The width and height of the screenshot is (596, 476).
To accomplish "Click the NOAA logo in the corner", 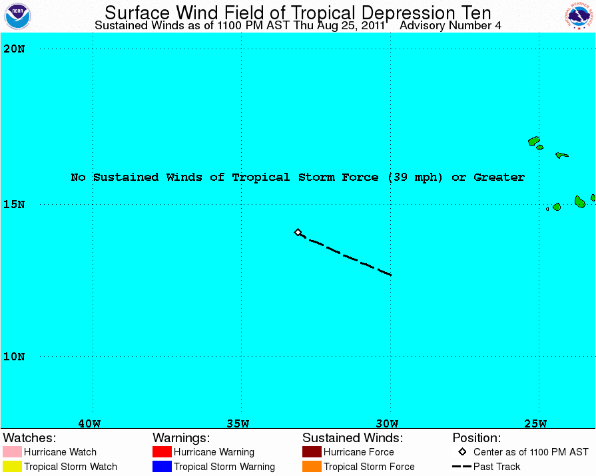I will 17,16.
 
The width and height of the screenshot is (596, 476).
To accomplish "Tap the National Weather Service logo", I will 579,16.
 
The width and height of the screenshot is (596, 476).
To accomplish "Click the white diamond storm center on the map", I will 298,232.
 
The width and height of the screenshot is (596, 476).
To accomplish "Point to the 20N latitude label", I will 13,49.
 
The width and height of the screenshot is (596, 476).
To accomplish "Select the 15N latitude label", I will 13,204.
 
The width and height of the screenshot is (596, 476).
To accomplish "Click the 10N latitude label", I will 13,356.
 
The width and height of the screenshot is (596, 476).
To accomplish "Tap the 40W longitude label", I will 89,423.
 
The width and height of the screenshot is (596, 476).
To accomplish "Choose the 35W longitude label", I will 238,423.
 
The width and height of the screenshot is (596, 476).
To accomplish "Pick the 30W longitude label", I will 386,423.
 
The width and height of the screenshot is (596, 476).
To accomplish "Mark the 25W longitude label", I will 535,423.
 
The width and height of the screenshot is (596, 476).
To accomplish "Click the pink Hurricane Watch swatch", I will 12,452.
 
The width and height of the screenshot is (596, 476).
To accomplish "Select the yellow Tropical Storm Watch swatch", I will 12,467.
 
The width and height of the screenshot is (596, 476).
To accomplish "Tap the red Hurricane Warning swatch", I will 162,452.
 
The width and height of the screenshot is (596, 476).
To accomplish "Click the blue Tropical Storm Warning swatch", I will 162,467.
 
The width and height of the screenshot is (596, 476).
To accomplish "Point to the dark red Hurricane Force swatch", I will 312,452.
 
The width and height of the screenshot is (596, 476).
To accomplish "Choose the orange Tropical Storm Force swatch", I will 312,467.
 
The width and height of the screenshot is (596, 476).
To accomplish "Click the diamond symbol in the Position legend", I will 462,452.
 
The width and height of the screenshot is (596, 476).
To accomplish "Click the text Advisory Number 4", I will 450,26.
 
